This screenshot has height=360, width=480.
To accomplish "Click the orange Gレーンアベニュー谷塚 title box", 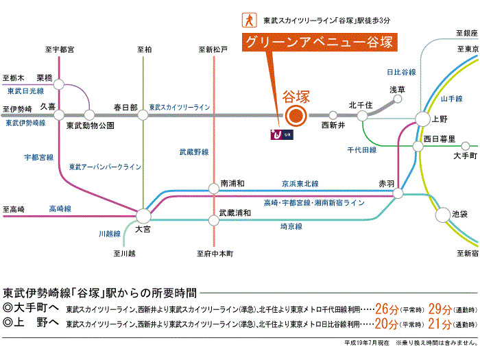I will (x=320, y=42).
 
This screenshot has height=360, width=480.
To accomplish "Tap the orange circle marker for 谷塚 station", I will (x=296, y=115).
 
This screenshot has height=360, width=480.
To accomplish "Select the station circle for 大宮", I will (x=143, y=215).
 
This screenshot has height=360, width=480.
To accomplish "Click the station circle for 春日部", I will (x=143, y=115).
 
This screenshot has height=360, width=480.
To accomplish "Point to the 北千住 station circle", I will (x=361, y=115).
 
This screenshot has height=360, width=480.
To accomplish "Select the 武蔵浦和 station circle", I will (x=215, y=219).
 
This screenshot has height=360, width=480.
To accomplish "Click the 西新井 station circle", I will (x=333, y=115).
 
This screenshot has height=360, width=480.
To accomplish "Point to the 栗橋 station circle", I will (x=59, y=84).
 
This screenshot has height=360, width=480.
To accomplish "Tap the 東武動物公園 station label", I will (x=90, y=126).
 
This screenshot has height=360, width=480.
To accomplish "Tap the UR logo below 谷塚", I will (x=282, y=132).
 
